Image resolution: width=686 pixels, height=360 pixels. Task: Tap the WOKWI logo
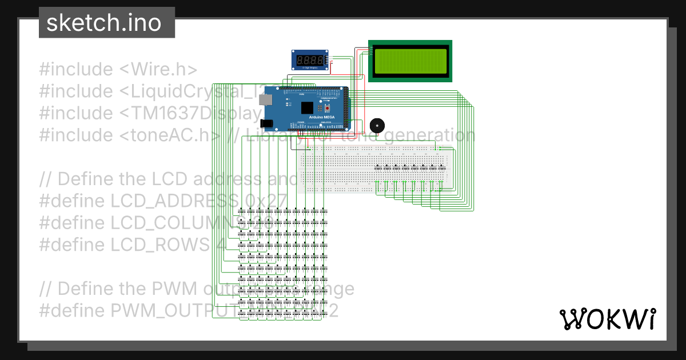point(607,319)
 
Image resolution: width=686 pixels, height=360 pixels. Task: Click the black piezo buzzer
point(376,126)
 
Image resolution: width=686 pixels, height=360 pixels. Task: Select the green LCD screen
point(410,61)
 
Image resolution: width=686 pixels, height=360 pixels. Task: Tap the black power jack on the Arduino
point(266,122)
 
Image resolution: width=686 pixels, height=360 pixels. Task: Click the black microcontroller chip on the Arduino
point(307,107)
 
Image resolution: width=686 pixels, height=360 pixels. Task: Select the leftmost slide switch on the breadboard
point(378,167)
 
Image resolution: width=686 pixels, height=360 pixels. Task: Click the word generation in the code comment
point(425,135)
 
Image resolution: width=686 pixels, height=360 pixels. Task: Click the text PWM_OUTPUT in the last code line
point(171,311)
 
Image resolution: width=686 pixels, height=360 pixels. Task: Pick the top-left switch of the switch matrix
point(242,211)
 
